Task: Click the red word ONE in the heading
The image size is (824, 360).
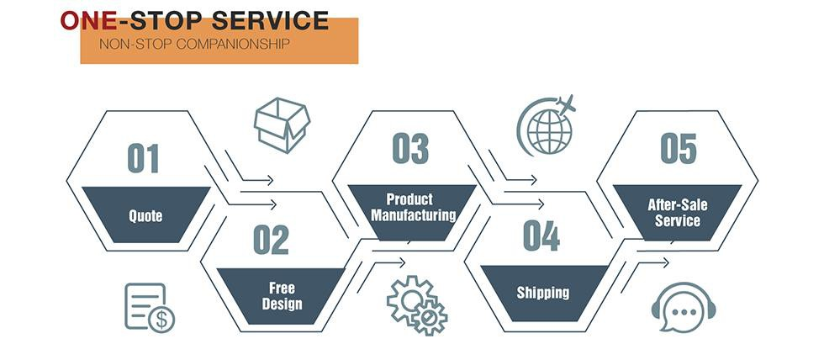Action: coord(87,20)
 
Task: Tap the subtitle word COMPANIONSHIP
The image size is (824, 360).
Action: coord(233,44)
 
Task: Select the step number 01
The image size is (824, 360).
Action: coord(143,158)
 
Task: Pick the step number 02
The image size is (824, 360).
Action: coord(271,240)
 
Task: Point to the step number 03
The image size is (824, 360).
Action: coord(410,148)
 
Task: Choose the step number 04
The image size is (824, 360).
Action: coord(541,236)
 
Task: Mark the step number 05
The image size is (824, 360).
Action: coord(679,148)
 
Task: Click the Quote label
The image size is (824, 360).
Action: coord(145,216)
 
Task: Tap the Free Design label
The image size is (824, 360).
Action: coord(283,296)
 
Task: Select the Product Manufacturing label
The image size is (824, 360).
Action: coord(414,207)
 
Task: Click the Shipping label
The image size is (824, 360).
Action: coord(543,293)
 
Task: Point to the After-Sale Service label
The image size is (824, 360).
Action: coord(678,212)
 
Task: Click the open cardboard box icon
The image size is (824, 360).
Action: coord(282,125)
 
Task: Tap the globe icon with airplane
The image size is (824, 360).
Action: coord(547,126)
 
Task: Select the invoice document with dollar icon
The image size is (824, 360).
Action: coord(150,308)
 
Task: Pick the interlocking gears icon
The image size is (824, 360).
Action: coord(417,305)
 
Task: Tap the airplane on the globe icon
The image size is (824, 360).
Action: coord(565,104)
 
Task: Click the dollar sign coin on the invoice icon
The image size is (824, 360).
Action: coord(161,319)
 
